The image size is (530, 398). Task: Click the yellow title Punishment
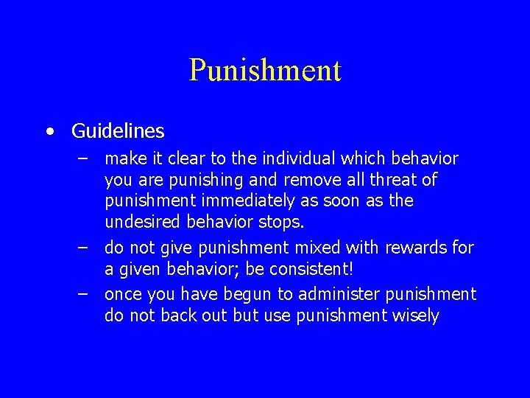point(265,70)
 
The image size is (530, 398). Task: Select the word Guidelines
point(118,131)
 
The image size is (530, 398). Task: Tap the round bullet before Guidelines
point(49,132)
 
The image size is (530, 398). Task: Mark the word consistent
point(291,268)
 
